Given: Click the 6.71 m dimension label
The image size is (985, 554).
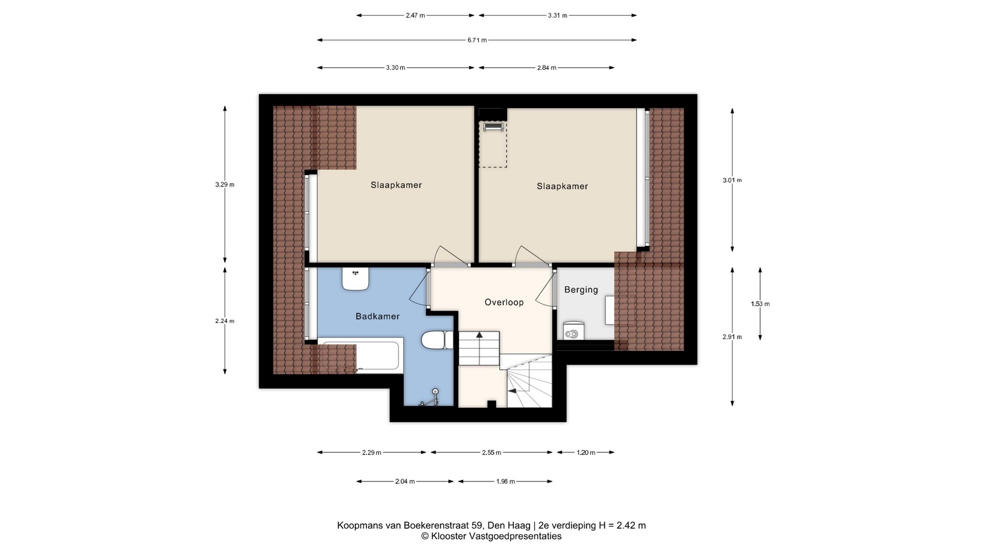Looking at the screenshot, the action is (477, 40).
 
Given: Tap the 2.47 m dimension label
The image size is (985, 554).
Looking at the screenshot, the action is (416, 15).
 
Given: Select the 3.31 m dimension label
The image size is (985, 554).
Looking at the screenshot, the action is (558, 15).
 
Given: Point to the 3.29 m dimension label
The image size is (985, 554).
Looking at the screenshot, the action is (225, 185).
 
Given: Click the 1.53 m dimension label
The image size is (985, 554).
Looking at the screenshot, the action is (760, 304).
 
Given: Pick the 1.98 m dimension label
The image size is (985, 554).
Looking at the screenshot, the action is (505, 481).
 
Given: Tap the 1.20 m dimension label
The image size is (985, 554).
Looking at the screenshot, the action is (586, 452).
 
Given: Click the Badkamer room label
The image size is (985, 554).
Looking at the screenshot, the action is (378, 316).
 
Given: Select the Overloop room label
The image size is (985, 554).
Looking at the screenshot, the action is (504, 302).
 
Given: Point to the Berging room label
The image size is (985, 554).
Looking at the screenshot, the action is (581, 290).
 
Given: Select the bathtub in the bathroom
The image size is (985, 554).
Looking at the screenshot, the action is (359, 355).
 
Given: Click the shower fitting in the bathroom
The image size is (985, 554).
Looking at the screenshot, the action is (430, 398).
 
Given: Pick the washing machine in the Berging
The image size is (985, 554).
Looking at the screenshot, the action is (574, 331).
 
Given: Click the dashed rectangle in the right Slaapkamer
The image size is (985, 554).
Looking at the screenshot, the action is (493, 144).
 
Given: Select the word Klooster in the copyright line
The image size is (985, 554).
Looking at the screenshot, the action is (449, 536).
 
